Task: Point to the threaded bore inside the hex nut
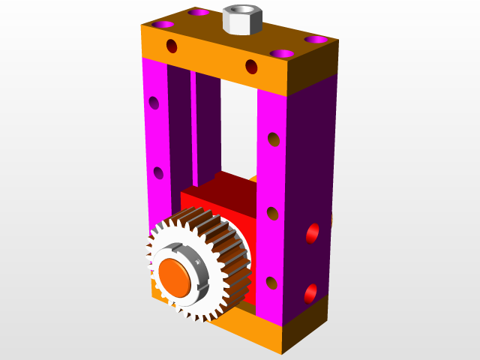pyautogui.click(x=241, y=11)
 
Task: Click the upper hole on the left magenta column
pyautogui.click(x=154, y=103)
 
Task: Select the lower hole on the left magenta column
pyautogui.click(x=158, y=173)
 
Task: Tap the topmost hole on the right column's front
pyautogui.click(x=274, y=139)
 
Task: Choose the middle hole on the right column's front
pyautogui.click(x=273, y=214)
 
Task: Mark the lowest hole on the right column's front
pyautogui.click(x=271, y=283)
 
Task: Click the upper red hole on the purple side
pyautogui.click(x=313, y=233)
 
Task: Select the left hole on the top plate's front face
pyautogui.click(x=172, y=46)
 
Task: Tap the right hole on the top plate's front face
pyautogui.click(x=251, y=67)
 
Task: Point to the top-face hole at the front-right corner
pyautogui.click(x=282, y=54)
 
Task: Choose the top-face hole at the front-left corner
pyautogui.click(x=199, y=13)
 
